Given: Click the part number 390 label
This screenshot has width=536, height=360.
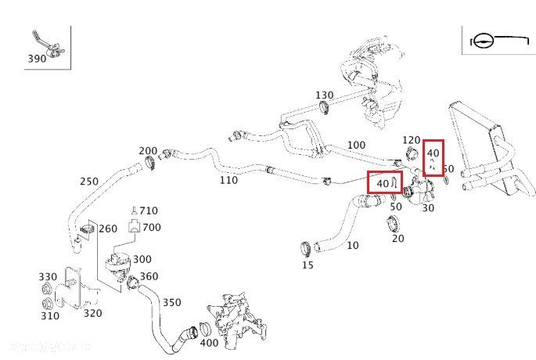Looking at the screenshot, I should (x=36, y=59).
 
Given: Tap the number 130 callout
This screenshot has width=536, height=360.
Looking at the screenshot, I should (x=325, y=95).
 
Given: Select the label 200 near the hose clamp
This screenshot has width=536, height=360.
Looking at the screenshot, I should (x=148, y=151).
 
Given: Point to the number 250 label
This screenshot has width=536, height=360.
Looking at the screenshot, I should (x=88, y=182).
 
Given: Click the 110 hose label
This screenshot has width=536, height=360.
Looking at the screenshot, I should (x=228, y=180).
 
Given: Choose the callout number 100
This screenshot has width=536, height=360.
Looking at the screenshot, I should (x=356, y=145).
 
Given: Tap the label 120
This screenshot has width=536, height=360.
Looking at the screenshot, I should (x=412, y=140).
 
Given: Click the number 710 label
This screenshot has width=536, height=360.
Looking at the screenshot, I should (x=149, y=211).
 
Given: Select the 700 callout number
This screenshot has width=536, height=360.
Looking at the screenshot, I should (x=152, y=227).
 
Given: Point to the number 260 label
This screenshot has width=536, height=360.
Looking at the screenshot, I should (x=108, y=229).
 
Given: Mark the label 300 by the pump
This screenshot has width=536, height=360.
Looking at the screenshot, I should (x=142, y=259).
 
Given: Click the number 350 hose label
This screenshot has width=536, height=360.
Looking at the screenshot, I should (x=171, y=302).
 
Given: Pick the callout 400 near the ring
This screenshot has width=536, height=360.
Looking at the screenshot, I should (x=210, y=343).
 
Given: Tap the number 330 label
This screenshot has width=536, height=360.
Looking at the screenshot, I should (x=49, y=277).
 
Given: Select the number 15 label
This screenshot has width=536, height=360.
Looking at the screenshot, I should (x=308, y=265).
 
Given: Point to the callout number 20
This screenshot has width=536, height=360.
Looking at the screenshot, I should (x=398, y=239).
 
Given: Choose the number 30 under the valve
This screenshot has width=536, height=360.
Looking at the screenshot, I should (x=428, y=209).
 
